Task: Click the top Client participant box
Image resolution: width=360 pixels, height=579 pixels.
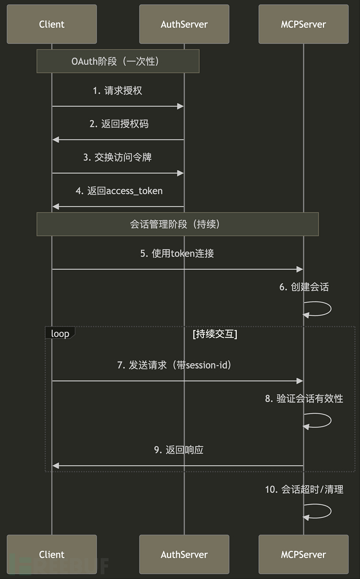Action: coord(52,24)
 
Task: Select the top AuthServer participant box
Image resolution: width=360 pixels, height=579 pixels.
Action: coord(184,24)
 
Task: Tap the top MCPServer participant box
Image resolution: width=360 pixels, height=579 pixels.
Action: coord(303,24)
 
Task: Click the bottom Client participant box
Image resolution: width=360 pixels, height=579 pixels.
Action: coord(52,554)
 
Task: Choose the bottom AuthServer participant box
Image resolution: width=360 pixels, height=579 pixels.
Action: coord(184,554)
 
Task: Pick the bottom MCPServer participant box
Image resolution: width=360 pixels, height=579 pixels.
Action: coord(303,554)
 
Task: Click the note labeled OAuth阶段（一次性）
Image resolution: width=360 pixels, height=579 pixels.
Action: coord(118,61)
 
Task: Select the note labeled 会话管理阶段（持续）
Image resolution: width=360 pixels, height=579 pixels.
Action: coord(177,224)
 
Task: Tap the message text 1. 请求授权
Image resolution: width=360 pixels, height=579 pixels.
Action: coord(117,90)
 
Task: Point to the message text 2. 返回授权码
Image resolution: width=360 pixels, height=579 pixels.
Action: coord(117,124)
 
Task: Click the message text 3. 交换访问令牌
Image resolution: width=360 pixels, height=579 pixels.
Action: coord(117,157)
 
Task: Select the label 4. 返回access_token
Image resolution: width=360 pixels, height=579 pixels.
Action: coord(119,191)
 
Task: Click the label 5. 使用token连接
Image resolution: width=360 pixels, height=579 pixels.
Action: coord(177,253)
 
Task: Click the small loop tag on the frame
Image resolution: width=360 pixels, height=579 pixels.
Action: coord(60,333)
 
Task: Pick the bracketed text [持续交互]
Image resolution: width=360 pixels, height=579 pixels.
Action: coord(215,334)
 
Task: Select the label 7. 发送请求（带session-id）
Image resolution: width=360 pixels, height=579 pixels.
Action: coord(174,365)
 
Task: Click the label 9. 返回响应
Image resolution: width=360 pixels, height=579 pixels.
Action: coord(178,450)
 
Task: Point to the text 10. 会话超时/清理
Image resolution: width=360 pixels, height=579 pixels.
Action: coord(304,489)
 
